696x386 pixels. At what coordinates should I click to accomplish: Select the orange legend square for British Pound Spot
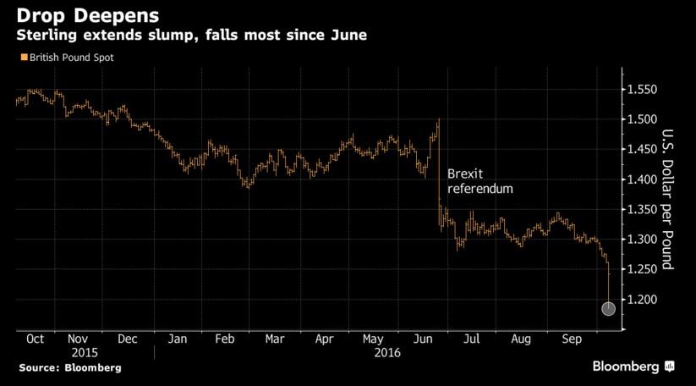[21, 58]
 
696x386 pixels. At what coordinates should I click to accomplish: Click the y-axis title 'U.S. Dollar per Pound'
[666, 200]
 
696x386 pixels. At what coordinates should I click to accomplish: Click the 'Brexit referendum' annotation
[480, 180]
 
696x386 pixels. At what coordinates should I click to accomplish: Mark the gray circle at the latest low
[609, 308]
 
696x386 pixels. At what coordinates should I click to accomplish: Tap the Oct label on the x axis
[36, 339]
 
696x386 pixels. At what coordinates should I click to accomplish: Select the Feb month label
[226, 339]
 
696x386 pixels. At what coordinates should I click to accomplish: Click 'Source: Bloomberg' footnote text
[70, 367]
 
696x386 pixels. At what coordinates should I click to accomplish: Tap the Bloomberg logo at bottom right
[631, 367]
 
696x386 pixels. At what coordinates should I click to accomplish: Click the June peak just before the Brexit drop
[439, 120]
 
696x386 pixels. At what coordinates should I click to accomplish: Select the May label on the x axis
[375, 339]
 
